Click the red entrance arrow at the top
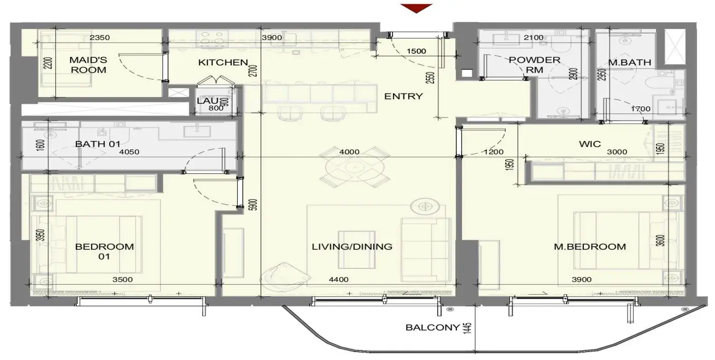[x=416, y=8]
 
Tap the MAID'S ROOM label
[x=89, y=65]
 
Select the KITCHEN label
[x=223, y=62]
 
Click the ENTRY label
[x=404, y=96]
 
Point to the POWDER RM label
[x=534, y=65]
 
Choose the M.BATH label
[x=630, y=63]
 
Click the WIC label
[x=590, y=144]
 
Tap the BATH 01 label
[x=97, y=144]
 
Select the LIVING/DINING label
[x=352, y=247]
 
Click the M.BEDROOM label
[x=590, y=247]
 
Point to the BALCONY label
[x=433, y=327]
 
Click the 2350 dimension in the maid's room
[x=100, y=38]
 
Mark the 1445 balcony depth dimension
[x=467, y=328]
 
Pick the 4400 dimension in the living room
[x=339, y=280]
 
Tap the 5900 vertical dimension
[x=253, y=205]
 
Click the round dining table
[x=355, y=167]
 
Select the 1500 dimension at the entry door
[x=416, y=51]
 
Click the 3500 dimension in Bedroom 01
[x=123, y=280]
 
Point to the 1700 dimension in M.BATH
[x=641, y=109]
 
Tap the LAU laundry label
[x=208, y=101]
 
